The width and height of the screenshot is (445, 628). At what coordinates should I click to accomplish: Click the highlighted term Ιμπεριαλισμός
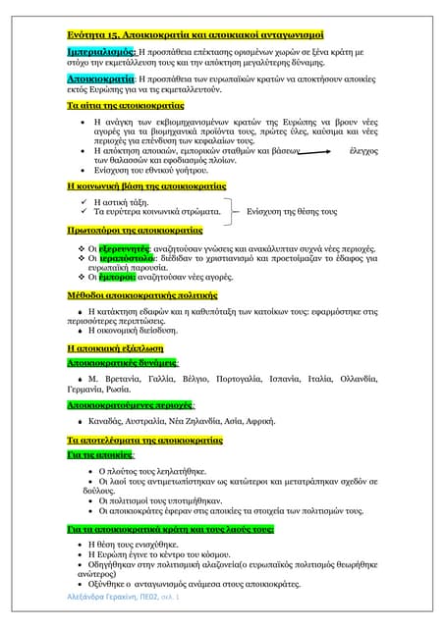click(x=101, y=48)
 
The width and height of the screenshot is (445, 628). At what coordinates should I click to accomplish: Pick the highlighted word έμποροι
click(x=122, y=279)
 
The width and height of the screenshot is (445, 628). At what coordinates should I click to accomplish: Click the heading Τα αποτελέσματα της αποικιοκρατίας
click(x=144, y=441)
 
